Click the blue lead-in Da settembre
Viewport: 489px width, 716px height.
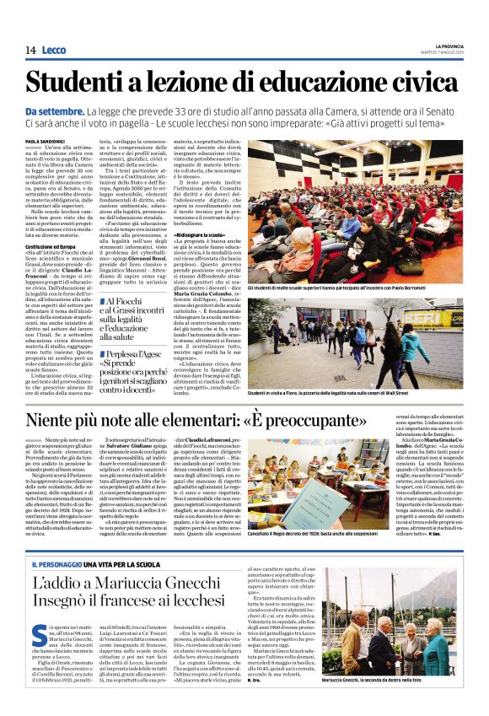pos(54,111)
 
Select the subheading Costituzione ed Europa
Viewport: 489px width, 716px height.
pos(52,245)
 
